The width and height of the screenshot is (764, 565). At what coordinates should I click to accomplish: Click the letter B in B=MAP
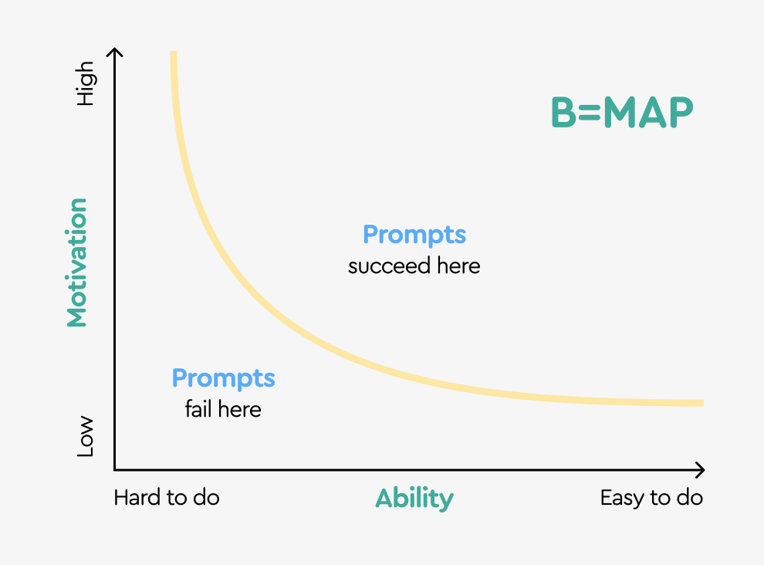564,113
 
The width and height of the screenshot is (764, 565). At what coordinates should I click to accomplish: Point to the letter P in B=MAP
681,113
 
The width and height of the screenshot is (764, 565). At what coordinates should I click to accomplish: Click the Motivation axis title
76,262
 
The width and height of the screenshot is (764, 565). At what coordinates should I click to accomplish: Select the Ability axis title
414,499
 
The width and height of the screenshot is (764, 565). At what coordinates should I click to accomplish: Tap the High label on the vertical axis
84,84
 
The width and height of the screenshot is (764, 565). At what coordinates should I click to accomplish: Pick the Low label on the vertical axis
84,437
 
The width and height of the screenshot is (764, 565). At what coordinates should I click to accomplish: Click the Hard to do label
167,498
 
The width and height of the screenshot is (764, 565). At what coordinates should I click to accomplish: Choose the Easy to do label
651,498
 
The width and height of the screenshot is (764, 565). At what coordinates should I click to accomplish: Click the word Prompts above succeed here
414,234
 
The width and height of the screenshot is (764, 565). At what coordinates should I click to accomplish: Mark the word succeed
388,266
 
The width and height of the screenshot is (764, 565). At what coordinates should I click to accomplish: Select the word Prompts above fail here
223,378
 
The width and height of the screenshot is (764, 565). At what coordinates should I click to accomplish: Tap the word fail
198,408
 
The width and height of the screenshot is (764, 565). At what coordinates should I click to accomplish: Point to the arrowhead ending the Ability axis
701,469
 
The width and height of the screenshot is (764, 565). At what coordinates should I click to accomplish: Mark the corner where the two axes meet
115,469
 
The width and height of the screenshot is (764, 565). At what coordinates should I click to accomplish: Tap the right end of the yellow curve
701,402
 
